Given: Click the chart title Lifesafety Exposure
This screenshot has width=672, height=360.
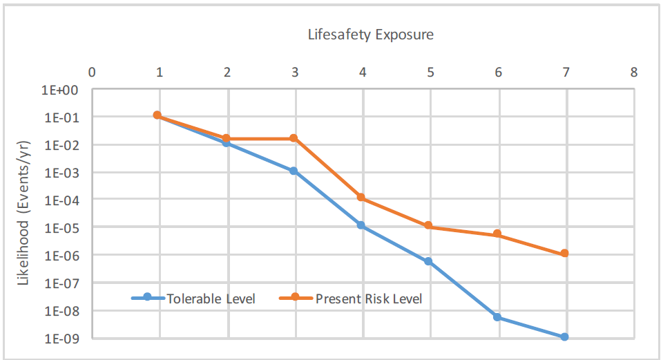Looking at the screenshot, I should click(370, 35).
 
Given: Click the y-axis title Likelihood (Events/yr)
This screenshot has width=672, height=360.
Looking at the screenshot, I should click(24, 214).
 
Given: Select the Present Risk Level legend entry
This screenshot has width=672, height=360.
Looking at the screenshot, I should click(350, 299).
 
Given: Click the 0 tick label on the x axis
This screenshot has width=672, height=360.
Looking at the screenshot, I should click(91, 72).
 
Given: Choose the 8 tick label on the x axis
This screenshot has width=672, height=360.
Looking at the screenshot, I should click(633, 72).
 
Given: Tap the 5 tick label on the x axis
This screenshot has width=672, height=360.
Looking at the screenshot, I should click(430, 72).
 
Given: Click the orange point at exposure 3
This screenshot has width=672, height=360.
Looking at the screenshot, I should click(294, 138).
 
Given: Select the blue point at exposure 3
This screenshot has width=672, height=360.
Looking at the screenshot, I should click(294, 171).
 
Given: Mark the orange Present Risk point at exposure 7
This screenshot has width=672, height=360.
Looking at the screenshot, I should click(564, 254).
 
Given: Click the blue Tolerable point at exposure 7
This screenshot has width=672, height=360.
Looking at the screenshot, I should click(564, 337).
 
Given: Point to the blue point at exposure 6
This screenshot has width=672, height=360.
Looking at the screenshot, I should click(497, 317).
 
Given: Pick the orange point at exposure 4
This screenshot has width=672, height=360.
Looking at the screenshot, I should click(361, 198).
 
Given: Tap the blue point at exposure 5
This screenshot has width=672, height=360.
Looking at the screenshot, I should click(429, 261).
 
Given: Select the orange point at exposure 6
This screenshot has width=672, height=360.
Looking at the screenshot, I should click(497, 234).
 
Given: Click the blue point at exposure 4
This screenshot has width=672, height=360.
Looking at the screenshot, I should click(361, 225).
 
